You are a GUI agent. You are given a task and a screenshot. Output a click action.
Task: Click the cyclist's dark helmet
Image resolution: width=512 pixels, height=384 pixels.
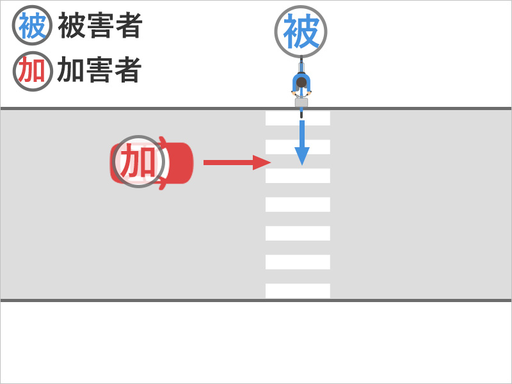(301, 83)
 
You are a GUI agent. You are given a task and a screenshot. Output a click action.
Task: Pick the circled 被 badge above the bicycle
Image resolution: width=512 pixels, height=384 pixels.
(301, 31)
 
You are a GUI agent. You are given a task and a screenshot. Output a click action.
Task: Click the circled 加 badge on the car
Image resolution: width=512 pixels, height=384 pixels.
(138, 161)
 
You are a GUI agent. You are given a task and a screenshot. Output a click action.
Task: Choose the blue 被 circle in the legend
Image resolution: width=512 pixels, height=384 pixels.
(32, 26)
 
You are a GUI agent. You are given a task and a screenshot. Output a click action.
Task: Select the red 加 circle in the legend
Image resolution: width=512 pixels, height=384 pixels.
(32, 70)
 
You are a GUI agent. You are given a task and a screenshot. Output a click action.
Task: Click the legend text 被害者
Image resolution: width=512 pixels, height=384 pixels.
(100, 26)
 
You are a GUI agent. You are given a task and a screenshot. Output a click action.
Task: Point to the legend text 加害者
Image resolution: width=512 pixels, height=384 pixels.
(99, 70)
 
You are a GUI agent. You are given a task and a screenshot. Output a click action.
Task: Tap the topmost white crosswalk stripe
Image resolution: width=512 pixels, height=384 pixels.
(298, 118)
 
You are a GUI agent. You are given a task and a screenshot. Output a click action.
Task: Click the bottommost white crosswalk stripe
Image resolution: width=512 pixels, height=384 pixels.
(298, 291)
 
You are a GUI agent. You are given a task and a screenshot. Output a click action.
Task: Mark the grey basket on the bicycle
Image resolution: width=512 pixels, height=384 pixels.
(301, 102)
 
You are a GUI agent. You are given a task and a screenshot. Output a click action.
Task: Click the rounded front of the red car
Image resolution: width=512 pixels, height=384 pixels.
(187, 163)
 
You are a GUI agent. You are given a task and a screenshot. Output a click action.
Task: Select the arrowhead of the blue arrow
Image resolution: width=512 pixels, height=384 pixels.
(301, 156)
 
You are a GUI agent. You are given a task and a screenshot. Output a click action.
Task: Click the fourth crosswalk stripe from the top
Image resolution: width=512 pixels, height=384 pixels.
(298, 204)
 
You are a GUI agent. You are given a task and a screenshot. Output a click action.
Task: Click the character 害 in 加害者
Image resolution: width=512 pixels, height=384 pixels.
(99, 70)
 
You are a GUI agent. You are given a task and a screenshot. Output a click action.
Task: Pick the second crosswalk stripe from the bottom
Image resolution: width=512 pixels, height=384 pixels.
(298, 262)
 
